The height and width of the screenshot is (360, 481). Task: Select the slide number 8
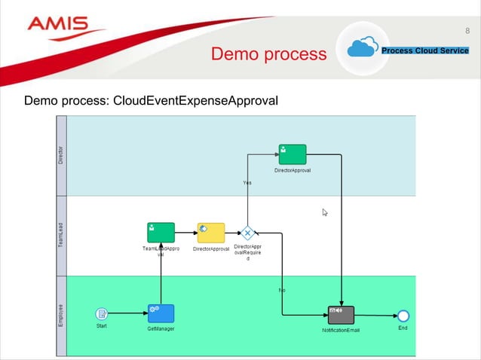[x=467, y=31]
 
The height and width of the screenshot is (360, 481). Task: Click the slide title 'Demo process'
[x=268, y=54]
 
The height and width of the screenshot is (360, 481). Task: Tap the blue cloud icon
[x=363, y=49]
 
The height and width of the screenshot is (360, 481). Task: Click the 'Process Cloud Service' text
[x=425, y=50]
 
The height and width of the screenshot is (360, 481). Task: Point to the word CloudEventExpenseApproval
[x=195, y=100]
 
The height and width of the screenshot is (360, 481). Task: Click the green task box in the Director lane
[x=292, y=154]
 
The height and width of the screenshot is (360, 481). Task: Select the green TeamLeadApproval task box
[x=161, y=232]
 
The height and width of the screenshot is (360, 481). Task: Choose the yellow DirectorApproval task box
[x=211, y=232]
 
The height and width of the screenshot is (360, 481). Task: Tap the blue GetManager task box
[x=161, y=313]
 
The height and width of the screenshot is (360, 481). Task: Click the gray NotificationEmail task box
[x=341, y=315]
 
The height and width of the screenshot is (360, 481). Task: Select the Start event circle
[x=102, y=313]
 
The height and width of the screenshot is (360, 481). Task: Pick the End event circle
[x=403, y=315]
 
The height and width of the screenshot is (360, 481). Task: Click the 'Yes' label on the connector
[x=247, y=182]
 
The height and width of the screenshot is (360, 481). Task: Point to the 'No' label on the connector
[x=282, y=290]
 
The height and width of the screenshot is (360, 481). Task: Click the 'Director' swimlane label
[x=61, y=155]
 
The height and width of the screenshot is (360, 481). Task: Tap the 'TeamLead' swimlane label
[x=61, y=235]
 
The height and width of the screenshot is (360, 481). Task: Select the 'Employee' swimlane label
[x=61, y=315]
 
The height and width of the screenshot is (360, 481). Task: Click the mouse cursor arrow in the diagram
[x=325, y=213]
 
